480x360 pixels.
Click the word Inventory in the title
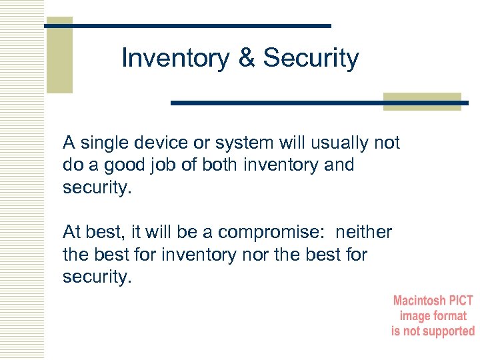(x=175, y=59)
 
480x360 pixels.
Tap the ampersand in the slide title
(x=247, y=59)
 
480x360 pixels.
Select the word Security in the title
(x=311, y=59)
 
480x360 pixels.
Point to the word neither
(x=364, y=232)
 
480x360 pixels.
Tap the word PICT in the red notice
(x=460, y=301)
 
